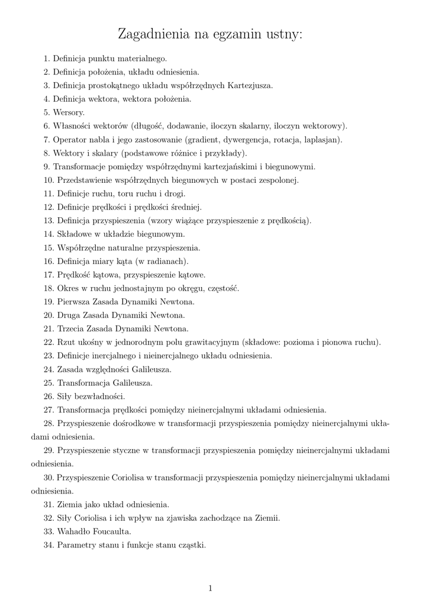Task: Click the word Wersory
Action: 69,112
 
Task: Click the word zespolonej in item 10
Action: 277,180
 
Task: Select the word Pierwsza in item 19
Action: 73,302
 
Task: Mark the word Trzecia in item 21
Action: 72,328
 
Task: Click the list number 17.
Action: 49,275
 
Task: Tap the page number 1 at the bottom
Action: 210,588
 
